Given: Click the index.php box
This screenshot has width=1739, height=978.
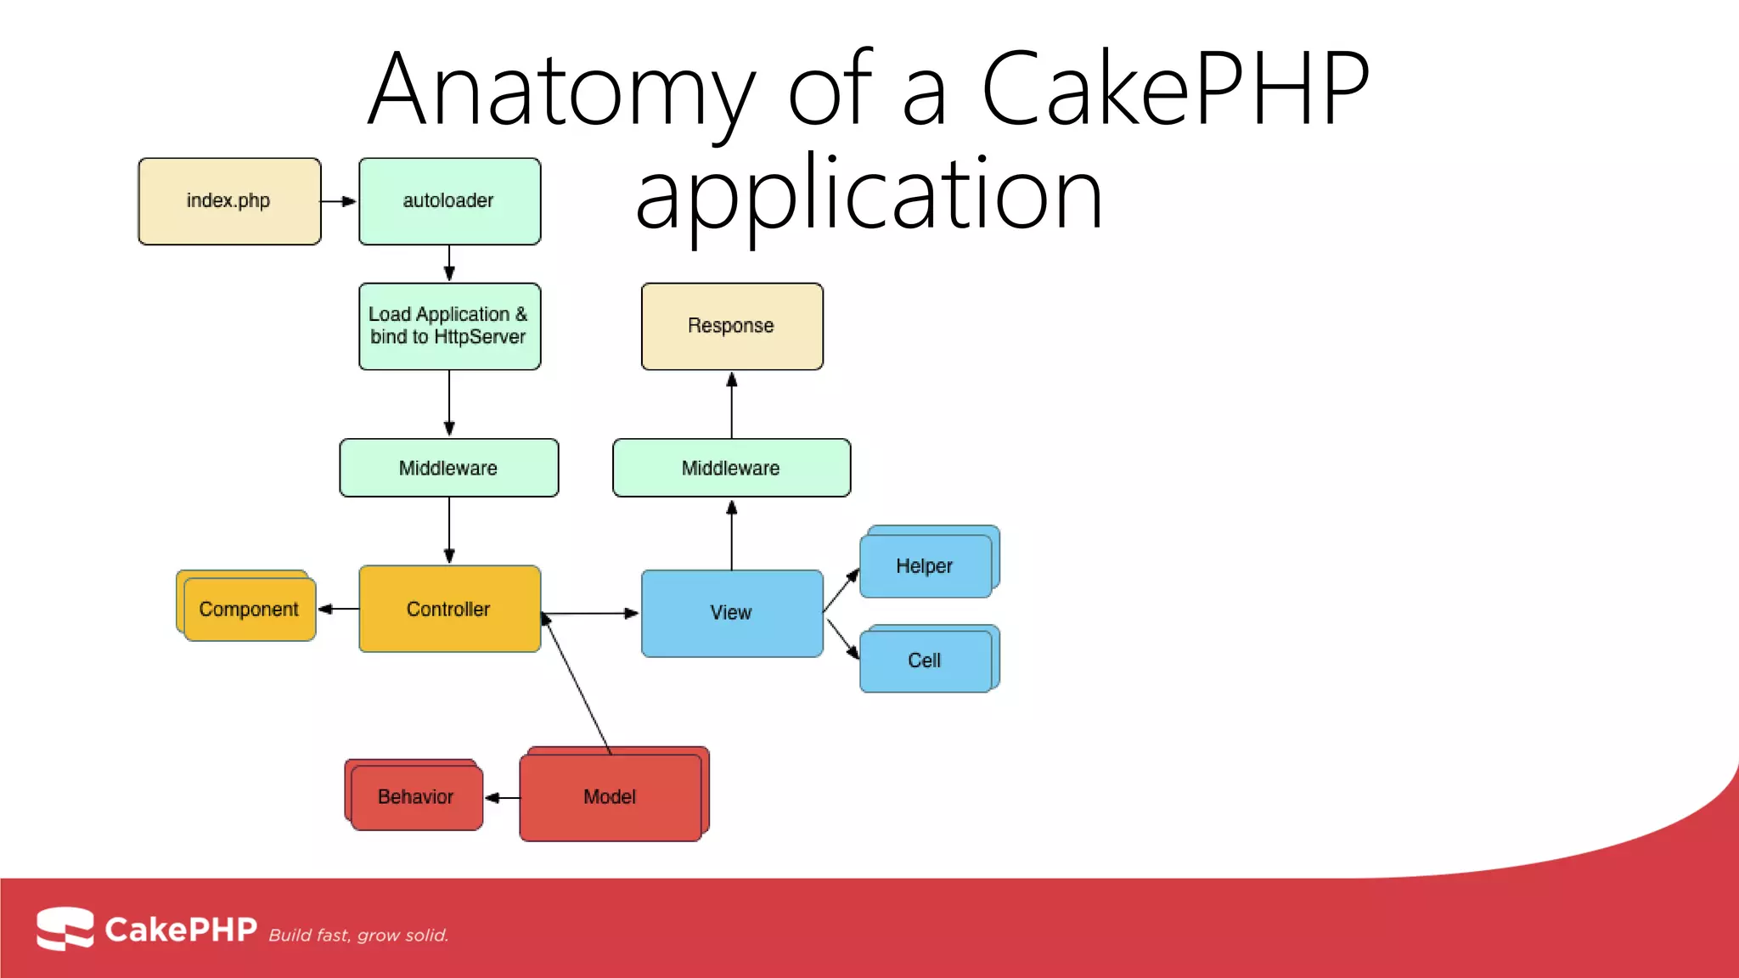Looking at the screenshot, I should click(x=229, y=201).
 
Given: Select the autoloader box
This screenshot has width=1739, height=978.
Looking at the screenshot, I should click(x=449, y=201).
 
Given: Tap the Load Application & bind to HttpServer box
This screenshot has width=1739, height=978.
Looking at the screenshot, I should click(x=449, y=326).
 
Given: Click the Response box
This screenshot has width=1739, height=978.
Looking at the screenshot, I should click(x=732, y=326).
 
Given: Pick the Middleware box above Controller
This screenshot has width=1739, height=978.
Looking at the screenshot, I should click(x=449, y=468).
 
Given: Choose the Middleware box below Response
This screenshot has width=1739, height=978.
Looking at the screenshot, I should click(x=731, y=468).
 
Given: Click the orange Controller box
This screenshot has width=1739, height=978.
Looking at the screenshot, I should click(x=449, y=609).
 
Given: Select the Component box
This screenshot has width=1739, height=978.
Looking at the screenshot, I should click(x=249, y=610).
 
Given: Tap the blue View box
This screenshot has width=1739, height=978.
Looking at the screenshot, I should click(x=732, y=613).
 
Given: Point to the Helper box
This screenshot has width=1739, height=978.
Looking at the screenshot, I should click(x=926, y=566).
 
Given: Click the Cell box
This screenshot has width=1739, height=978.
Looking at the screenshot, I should click(x=926, y=660).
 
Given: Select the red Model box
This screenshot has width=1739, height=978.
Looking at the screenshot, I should click(x=611, y=797).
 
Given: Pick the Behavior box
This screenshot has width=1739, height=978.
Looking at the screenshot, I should click(x=416, y=797).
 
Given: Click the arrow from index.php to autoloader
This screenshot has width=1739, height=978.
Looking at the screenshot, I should click(x=339, y=201).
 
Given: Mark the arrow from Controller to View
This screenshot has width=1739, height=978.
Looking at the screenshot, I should click(x=591, y=613).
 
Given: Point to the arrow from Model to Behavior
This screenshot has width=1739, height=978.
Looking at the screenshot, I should click(x=502, y=798).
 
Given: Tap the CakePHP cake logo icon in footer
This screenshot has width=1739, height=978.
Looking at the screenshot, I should click(x=65, y=929).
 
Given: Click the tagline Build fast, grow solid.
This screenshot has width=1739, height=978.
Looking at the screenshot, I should click(x=358, y=936).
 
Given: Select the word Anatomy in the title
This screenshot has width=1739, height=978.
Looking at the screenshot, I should click(x=560, y=89).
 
